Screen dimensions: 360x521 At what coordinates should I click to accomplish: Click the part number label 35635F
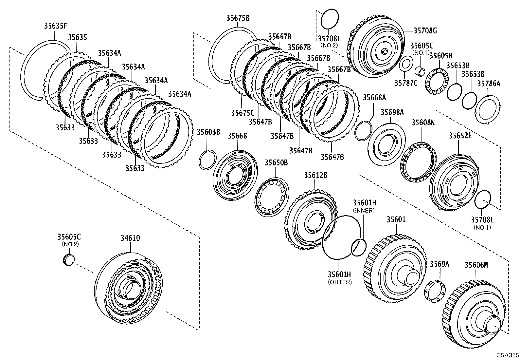[x=56, y=26]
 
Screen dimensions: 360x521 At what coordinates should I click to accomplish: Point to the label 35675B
[x=238, y=18]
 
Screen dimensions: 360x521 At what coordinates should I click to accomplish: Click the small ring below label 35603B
[x=207, y=160]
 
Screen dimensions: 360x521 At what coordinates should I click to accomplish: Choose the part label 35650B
[x=276, y=162]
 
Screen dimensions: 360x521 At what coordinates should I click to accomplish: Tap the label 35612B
[x=315, y=175]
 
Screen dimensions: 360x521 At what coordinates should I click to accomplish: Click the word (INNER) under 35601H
[x=364, y=211]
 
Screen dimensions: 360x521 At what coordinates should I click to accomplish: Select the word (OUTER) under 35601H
[x=339, y=282]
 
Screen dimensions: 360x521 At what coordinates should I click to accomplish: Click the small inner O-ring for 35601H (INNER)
[x=358, y=247]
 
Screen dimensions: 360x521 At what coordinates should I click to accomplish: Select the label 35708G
[x=425, y=31]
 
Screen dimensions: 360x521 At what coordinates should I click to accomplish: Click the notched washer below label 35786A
[x=488, y=109]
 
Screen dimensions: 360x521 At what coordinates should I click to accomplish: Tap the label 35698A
[x=392, y=113]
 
